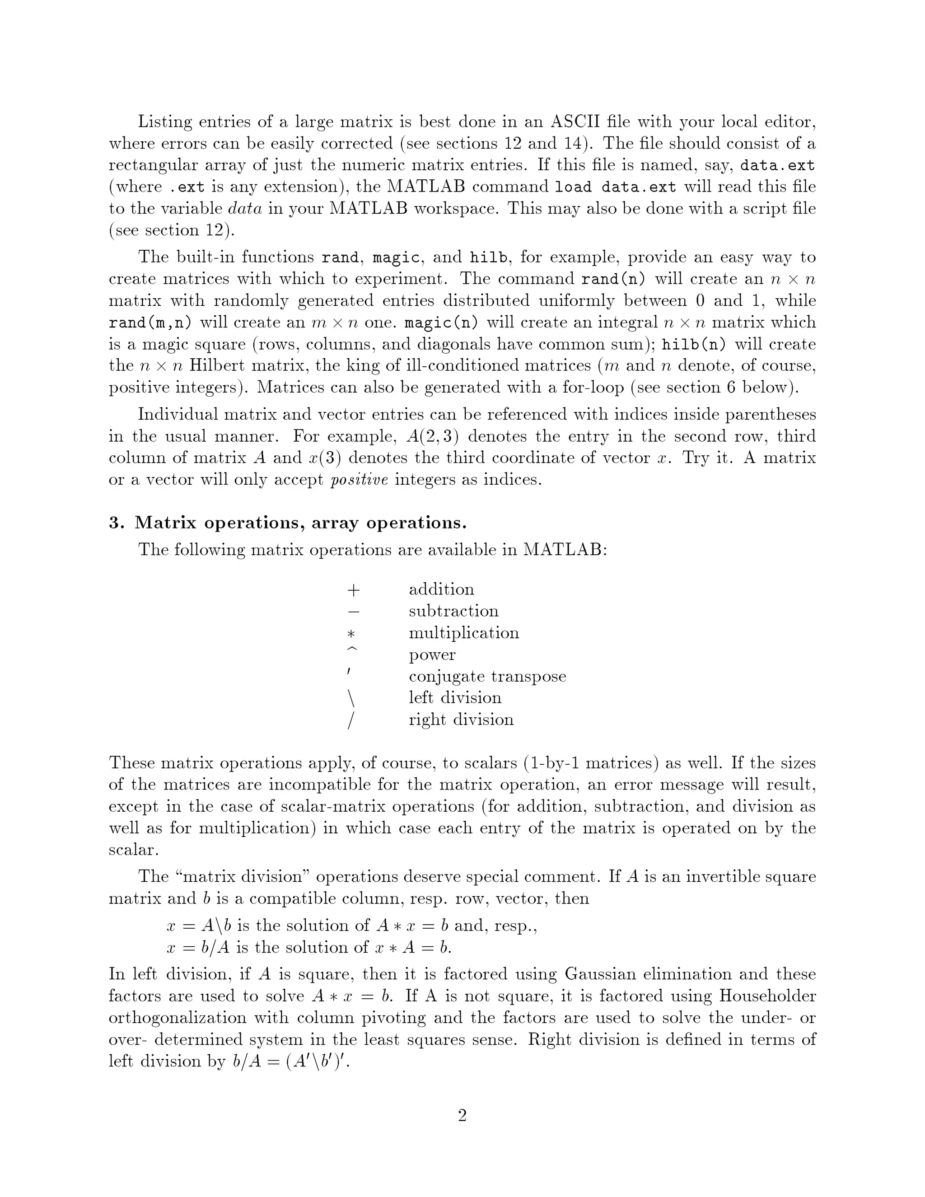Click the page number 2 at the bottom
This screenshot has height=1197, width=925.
(x=462, y=1115)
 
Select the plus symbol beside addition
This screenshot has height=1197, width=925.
(x=354, y=590)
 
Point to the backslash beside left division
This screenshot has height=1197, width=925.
(x=351, y=698)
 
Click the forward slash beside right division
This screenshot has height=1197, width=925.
(x=351, y=720)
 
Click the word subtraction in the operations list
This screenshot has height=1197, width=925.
(x=453, y=611)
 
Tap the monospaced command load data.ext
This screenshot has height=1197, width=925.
(x=616, y=187)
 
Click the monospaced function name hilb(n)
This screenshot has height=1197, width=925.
(x=694, y=345)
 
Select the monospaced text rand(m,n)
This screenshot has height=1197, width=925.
(x=150, y=323)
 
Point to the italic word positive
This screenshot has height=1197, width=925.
(x=360, y=480)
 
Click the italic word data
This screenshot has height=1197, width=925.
(x=245, y=209)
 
